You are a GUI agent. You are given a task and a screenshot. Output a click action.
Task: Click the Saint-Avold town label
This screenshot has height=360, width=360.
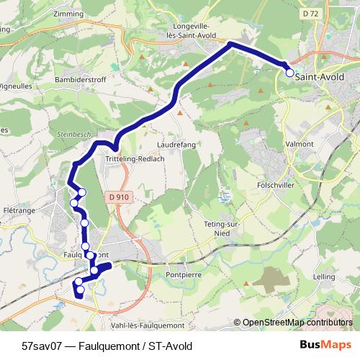click(x=320, y=76)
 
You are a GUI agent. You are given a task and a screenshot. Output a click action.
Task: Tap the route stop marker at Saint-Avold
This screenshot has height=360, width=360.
click(x=290, y=73)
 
